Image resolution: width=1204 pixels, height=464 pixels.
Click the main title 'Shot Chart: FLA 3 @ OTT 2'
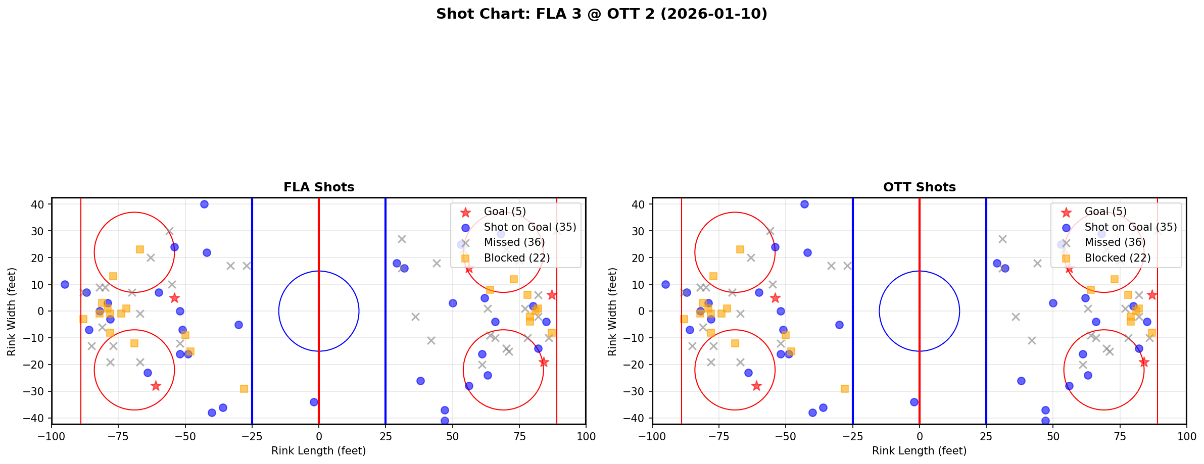[601, 14]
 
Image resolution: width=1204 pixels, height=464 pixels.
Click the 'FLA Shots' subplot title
[319, 187]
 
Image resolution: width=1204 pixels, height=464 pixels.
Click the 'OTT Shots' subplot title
[919, 187]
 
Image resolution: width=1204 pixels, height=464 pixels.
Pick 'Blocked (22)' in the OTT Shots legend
[1117, 258]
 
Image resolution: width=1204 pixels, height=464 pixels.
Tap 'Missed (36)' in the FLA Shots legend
[514, 242]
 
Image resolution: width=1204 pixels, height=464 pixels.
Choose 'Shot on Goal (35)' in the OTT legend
[1130, 227]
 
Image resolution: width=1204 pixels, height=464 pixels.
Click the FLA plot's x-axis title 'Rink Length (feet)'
[318, 451]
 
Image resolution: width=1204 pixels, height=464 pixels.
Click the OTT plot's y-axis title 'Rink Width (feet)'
[612, 312]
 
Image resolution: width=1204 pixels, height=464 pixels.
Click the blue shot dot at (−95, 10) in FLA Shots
[65, 284]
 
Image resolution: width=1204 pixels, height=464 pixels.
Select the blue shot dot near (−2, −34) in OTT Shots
[914, 402]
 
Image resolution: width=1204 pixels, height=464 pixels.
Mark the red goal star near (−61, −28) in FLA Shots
[156, 386]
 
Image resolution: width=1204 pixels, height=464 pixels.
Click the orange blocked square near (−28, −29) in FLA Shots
[244, 389]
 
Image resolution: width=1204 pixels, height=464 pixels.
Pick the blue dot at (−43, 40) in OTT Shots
[804, 204]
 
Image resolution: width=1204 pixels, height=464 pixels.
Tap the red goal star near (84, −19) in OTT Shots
[1144, 362]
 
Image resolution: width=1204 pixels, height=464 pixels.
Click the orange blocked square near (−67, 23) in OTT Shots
[740, 249]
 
